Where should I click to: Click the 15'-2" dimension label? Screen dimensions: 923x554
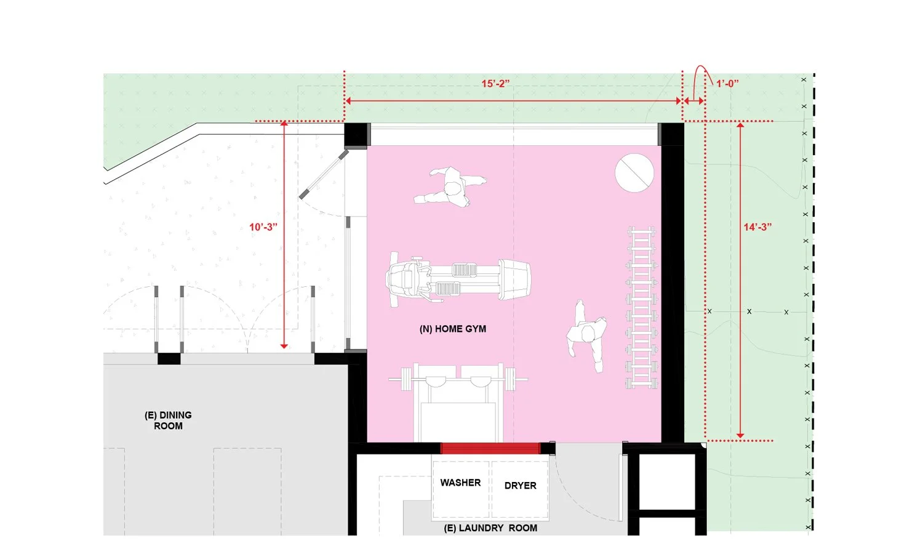[495, 84]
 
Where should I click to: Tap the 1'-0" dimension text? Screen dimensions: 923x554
[727, 84]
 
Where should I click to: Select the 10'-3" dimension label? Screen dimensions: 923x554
[263, 227]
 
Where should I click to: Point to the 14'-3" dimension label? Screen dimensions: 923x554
[757, 227]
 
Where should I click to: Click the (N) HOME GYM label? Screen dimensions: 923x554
[453, 329]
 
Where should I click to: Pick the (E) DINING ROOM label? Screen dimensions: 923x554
[168, 420]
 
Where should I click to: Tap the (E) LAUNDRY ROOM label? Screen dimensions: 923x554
[490, 528]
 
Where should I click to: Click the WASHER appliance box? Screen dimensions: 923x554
[461, 489]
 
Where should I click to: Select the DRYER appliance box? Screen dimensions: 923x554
[520, 489]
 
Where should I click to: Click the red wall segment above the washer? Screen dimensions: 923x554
[490, 449]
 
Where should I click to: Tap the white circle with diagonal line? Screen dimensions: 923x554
[634, 173]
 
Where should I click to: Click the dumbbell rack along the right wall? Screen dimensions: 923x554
[641, 307]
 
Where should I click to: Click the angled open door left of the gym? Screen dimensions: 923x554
[324, 174]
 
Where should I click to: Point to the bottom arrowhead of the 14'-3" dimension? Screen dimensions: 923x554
[740, 435]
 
